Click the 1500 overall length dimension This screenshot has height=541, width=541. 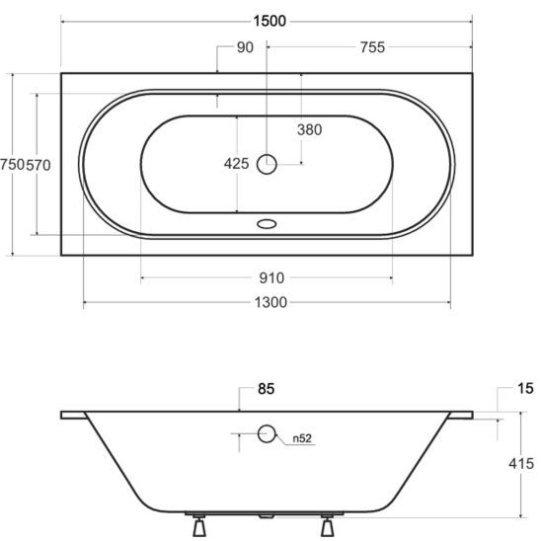point(270,21)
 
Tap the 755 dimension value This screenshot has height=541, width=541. point(372,47)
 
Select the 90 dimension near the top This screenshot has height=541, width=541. point(245,47)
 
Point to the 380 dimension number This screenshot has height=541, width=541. point(309,129)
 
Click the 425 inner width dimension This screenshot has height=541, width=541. point(236,164)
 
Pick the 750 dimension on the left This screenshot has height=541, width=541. point(13,165)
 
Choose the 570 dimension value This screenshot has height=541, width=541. point(39,165)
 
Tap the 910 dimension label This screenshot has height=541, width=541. point(271,278)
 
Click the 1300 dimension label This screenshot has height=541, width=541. point(270,303)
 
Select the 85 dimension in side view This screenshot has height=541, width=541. point(266,389)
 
